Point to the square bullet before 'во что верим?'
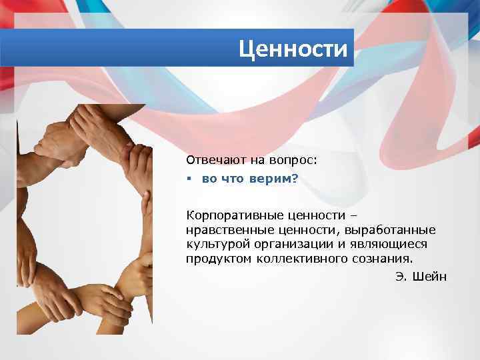(x=189, y=180)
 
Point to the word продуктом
(x=217, y=258)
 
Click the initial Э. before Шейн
(x=401, y=277)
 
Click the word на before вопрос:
(x=257, y=160)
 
